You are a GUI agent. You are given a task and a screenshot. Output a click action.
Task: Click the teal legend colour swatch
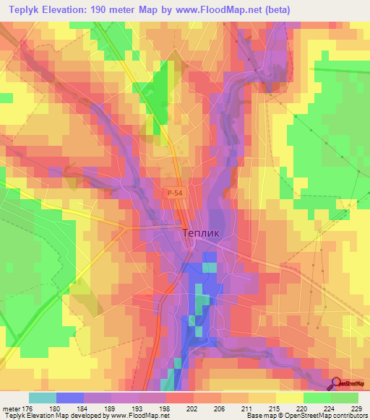43,398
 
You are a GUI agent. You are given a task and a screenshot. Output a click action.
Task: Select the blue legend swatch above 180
70,398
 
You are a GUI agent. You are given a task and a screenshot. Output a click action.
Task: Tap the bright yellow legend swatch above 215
289,398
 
